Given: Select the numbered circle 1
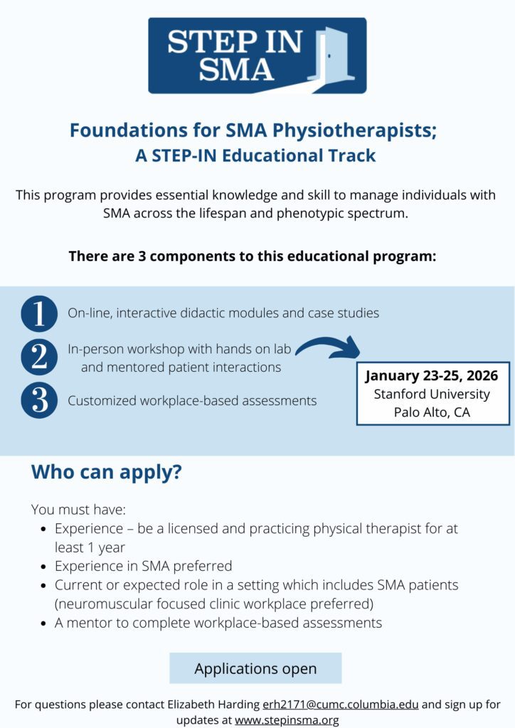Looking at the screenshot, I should [39, 313].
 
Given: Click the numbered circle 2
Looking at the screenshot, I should [39, 358].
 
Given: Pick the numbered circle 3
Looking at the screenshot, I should [39, 401].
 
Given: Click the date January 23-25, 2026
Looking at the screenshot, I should [432, 375].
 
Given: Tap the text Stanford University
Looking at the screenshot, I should [432, 394].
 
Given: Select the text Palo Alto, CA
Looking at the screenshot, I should [432, 412].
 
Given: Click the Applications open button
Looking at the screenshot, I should [255, 668].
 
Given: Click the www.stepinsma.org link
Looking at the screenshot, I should [287, 719].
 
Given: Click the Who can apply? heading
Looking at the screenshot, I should [106, 472].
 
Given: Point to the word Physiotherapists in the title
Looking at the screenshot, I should [326, 131].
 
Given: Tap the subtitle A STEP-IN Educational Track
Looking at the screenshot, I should [255, 156].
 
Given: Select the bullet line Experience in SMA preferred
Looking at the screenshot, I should [143, 566].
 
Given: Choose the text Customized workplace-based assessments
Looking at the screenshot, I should [192, 401].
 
